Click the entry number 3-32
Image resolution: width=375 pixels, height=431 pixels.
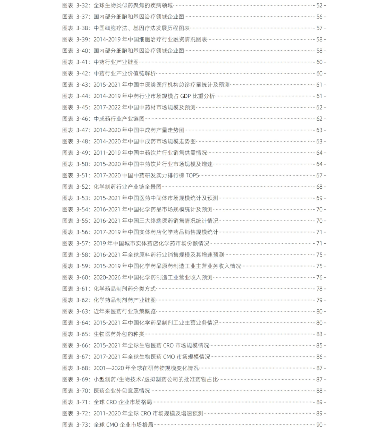[83, 6]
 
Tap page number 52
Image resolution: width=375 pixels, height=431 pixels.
[319, 6]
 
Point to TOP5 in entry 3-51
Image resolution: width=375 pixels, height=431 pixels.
[192, 175]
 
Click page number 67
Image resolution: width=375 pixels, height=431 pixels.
[319, 175]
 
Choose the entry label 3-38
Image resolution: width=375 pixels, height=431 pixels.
[83, 28]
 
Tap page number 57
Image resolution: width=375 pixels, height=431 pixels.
[319, 28]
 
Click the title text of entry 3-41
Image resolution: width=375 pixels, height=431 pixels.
[116, 62]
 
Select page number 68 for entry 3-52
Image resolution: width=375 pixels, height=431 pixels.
[319, 187]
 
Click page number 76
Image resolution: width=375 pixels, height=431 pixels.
[319, 277]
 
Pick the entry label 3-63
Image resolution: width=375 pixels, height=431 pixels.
[83, 311]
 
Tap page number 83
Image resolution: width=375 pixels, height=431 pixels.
[319, 334]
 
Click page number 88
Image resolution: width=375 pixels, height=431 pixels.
[319, 391]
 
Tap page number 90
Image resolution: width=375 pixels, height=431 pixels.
[319, 425]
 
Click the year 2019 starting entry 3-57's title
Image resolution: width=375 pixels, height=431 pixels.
[100, 243]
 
